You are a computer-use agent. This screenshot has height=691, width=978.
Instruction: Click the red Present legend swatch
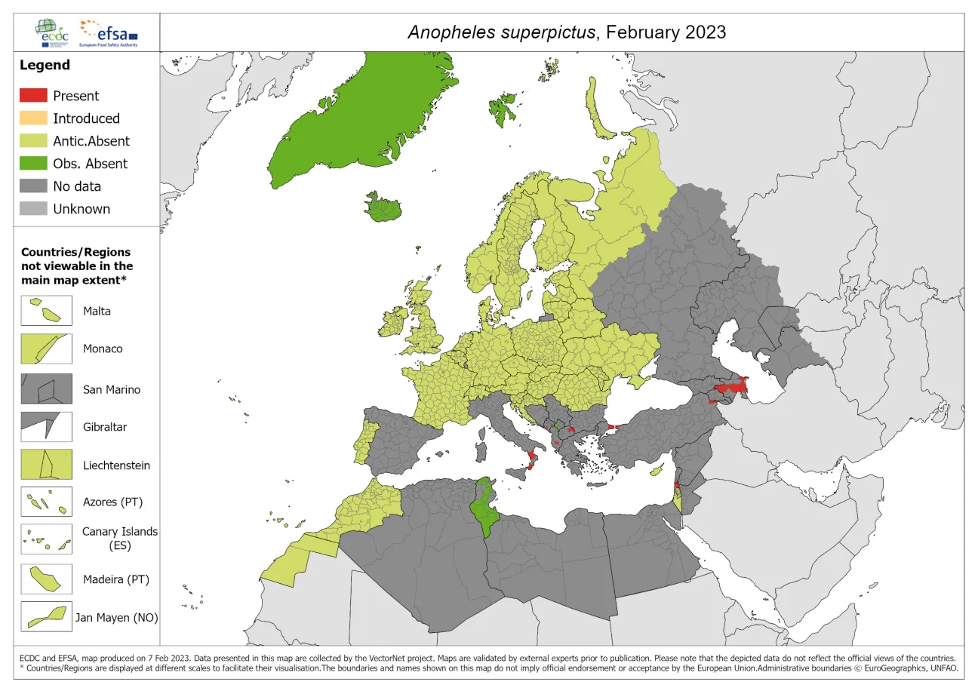pos(33,96)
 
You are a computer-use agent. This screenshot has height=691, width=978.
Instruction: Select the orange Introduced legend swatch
pos(33,118)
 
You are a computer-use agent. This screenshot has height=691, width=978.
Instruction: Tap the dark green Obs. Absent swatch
pos(33,164)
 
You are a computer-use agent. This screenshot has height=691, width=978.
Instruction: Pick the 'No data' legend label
pos(76,186)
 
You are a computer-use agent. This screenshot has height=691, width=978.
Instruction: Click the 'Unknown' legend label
pos(81,209)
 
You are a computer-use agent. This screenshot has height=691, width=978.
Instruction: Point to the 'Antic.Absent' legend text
pos(91,141)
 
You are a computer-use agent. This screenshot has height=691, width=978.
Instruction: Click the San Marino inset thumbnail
pos(46,389)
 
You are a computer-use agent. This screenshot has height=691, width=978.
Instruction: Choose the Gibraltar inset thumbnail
pos(46,426)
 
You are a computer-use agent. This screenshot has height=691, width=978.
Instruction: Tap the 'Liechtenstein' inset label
pos(116,465)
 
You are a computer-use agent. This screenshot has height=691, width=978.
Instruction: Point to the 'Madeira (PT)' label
pos(116,579)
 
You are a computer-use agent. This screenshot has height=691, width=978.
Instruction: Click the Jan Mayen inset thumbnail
pos(46,616)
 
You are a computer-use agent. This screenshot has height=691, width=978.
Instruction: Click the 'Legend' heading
pos(45,65)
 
